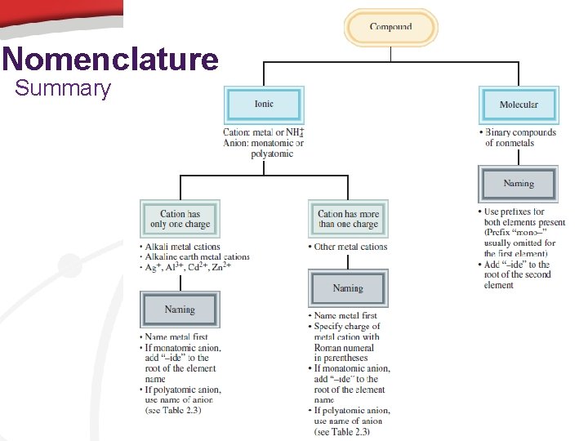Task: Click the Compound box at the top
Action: pyautogui.click(x=390, y=27)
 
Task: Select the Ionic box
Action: pyautogui.click(x=264, y=105)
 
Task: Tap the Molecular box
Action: pyautogui.click(x=519, y=105)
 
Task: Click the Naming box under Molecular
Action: pyautogui.click(x=519, y=184)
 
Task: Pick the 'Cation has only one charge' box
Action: pyautogui.click(x=180, y=219)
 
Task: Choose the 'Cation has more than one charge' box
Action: pyautogui.click(x=348, y=219)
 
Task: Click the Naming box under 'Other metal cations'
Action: pyautogui.click(x=348, y=288)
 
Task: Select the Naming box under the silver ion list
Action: pyautogui.click(x=180, y=310)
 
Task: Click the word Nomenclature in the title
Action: pyautogui.click(x=110, y=60)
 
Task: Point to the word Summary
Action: pyautogui.click(x=62, y=88)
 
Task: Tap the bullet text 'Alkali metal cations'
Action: pyautogui.click(x=183, y=247)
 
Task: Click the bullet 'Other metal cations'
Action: pyautogui.click(x=351, y=247)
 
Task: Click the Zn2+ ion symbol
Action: pyautogui.click(x=220, y=267)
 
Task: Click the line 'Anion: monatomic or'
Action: pyautogui.click(x=263, y=144)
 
